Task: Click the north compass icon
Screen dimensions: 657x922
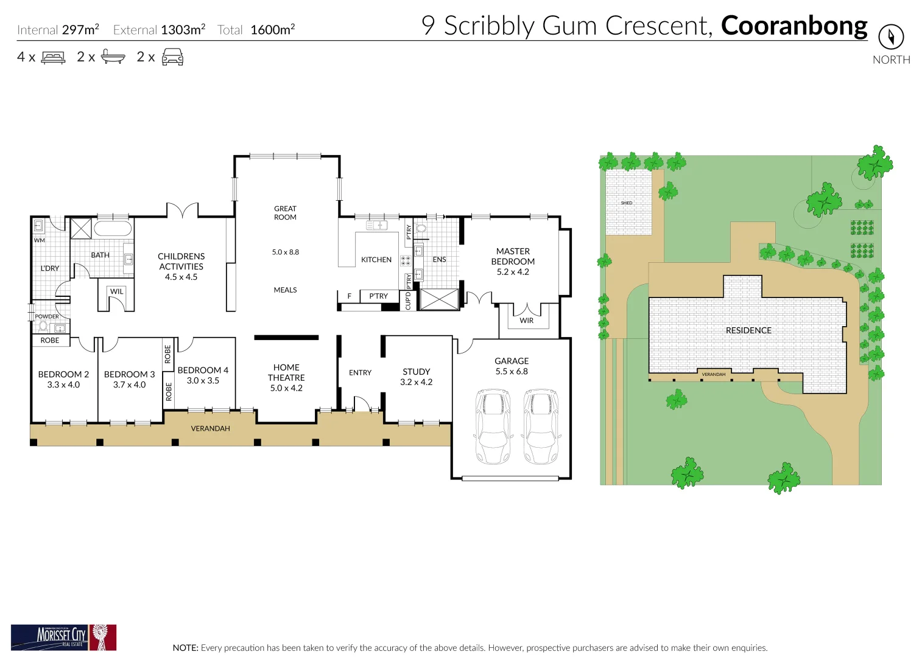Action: [x=890, y=37]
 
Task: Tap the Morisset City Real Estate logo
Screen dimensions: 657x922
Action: [x=63, y=637]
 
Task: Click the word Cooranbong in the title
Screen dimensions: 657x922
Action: [x=794, y=26]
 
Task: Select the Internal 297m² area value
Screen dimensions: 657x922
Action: [x=80, y=30]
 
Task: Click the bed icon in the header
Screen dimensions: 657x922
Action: [x=53, y=58]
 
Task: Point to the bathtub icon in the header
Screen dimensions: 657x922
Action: [x=113, y=57]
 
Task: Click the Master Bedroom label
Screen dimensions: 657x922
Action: [x=513, y=256]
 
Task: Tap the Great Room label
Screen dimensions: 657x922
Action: [x=285, y=213]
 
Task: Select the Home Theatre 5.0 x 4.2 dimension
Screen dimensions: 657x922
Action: [x=286, y=388]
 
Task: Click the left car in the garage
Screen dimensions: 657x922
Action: [x=493, y=426]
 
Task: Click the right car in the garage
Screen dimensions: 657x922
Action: [x=541, y=426]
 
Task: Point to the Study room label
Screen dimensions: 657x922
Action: [x=416, y=372]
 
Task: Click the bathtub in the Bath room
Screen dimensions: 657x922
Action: [x=112, y=229]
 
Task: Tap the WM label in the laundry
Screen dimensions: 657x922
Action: [x=40, y=240]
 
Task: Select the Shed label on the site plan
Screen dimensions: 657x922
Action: [x=627, y=203]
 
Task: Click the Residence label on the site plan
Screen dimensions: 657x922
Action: [x=748, y=330]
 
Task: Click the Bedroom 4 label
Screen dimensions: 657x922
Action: [x=203, y=370]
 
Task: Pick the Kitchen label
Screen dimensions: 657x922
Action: [x=376, y=260]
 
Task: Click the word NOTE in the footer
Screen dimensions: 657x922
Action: [x=185, y=648]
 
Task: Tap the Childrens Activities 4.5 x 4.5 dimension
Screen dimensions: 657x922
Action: [x=181, y=277]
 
